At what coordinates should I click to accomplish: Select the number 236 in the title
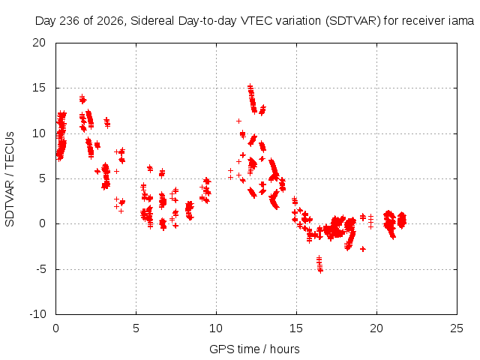[x=70, y=21]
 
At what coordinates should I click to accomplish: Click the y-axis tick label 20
[x=39, y=43]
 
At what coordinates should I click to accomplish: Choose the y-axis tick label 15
[x=39, y=88]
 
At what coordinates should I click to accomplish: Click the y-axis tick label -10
[x=37, y=314]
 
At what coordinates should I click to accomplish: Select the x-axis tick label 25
[x=457, y=328]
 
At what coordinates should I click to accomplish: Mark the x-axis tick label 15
[x=296, y=328]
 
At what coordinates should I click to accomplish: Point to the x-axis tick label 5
[x=136, y=328]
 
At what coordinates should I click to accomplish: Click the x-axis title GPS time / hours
[x=254, y=349]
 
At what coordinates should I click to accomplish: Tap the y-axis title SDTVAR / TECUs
[x=10, y=179]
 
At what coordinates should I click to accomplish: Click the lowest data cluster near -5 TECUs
[x=319, y=264]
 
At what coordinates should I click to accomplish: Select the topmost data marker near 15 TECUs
[x=250, y=86]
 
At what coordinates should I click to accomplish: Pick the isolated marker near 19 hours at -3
[x=363, y=249]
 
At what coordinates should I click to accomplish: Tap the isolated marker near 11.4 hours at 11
[x=238, y=121]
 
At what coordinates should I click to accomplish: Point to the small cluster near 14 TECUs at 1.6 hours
[x=82, y=99]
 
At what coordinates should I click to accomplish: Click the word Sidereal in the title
[x=152, y=21]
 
